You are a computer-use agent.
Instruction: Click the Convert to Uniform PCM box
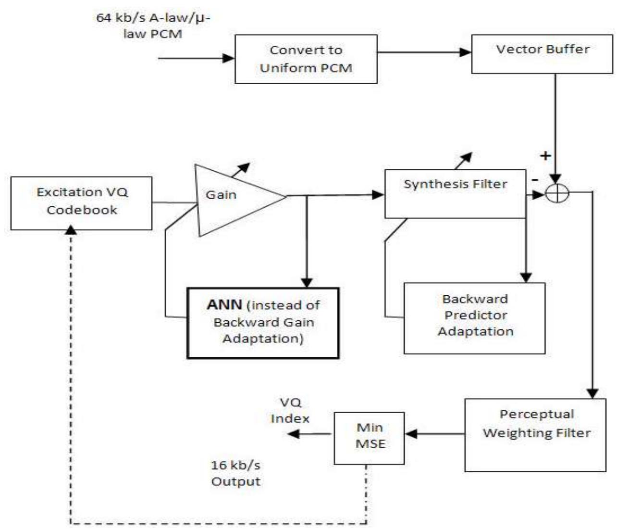tap(306, 59)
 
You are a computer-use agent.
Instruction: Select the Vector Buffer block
tap(542, 53)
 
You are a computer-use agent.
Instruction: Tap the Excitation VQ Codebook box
tap(81, 202)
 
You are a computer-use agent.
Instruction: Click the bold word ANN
tap(224, 305)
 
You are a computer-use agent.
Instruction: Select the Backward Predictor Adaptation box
tap(474, 318)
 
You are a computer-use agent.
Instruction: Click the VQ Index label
tap(290, 410)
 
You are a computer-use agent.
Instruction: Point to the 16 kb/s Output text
tap(235, 473)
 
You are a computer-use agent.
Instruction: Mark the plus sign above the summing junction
tap(545, 155)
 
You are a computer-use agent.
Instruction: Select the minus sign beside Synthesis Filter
tap(535, 179)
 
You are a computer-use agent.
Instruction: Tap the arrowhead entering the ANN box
tap(306, 282)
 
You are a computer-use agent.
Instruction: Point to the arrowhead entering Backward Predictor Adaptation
tap(526, 277)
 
